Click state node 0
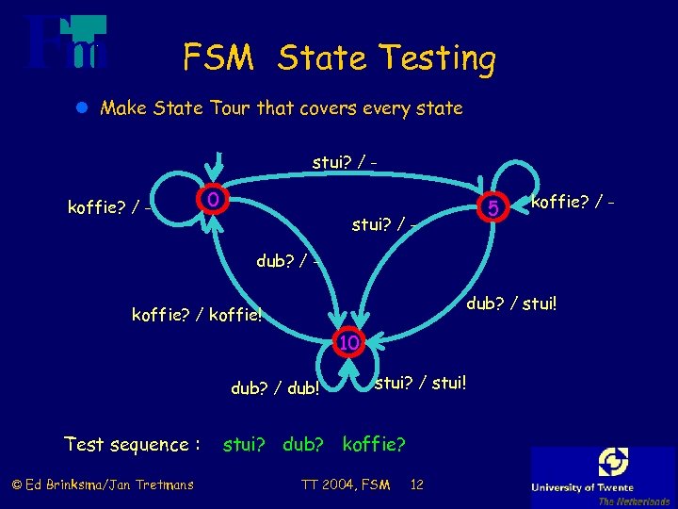pos(214,200)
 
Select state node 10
pos(348,342)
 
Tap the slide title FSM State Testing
pos(339,58)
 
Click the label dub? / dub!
pos(275,388)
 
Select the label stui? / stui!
pos(421,383)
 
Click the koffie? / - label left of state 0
pos(111,207)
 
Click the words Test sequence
pos(132,444)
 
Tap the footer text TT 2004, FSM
pos(346,484)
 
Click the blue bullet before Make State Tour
pos(82,108)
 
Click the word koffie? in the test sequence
pos(375,444)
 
